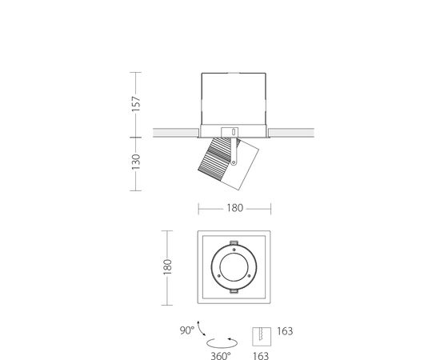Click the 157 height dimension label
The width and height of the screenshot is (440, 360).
click(136, 104)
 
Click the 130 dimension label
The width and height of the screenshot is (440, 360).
click(136, 162)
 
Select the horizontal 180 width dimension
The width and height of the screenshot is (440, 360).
click(234, 208)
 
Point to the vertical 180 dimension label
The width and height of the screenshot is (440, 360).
click(167, 267)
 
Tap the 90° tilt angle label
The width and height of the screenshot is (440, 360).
click(187, 330)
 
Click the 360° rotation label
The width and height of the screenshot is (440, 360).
click(221, 356)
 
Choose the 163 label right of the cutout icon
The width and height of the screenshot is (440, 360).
click(285, 331)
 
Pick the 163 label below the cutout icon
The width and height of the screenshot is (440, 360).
click(261, 356)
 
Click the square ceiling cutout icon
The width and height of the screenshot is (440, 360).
click(262, 337)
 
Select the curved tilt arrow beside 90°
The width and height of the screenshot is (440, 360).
click(200, 329)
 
